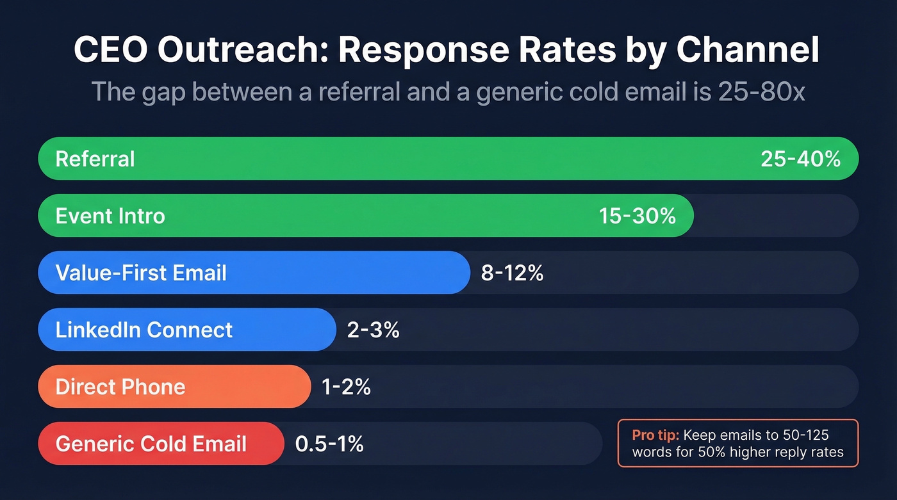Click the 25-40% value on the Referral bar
(800, 159)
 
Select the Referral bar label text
(95, 159)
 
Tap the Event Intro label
(110, 216)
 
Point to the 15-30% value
(637, 216)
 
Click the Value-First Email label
(141, 273)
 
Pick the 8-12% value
(512, 273)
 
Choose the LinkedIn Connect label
(144, 330)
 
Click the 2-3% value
(373, 330)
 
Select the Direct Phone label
(120, 387)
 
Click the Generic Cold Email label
(151, 444)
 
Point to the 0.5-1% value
(329, 444)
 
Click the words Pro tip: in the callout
(655, 435)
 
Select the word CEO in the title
(108, 51)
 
